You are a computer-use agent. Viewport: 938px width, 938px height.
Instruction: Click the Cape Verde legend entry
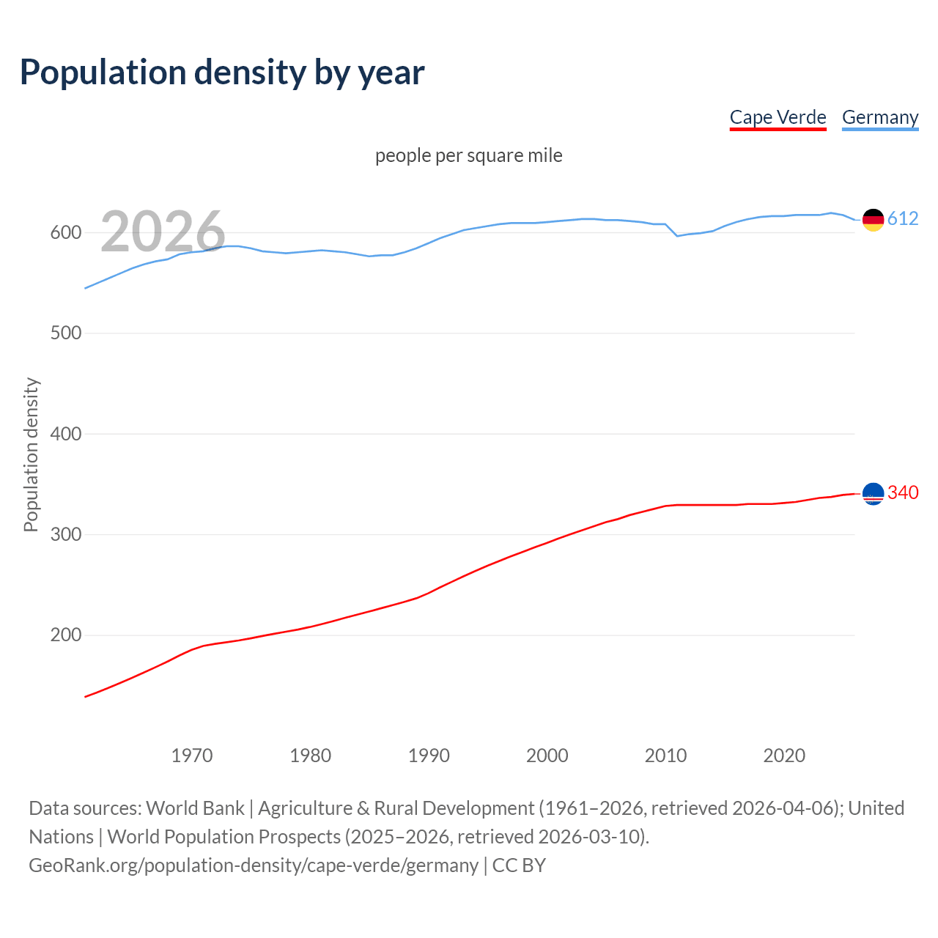coord(778,117)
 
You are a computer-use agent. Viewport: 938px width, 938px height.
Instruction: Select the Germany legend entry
coord(879,117)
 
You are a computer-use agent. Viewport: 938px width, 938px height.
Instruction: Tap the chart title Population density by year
coord(222,73)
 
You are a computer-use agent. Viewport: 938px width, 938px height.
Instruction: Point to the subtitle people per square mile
coord(469,155)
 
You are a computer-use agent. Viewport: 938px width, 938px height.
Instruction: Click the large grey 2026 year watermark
coord(163,232)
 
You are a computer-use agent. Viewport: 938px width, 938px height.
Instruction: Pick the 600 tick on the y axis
coord(65,233)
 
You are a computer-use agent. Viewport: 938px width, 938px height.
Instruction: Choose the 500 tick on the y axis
coord(65,333)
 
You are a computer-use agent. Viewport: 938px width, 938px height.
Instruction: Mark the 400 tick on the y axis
coord(65,434)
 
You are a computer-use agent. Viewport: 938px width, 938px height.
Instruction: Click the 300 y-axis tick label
coord(65,535)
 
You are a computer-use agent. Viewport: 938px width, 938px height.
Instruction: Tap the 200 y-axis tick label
coord(65,635)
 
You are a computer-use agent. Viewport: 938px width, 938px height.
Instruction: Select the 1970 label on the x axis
coord(192,756)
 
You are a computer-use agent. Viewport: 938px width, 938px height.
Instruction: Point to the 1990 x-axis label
coord(429,756)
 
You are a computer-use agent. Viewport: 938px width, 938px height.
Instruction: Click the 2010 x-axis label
coord(665,756)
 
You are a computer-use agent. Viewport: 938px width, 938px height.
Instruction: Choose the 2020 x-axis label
coord(784,756)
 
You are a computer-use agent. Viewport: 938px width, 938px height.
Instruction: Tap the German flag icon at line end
coord(873,219)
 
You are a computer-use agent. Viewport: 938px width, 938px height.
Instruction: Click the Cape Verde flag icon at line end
coord(873,494)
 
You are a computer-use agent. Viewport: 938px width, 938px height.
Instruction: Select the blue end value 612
coord(903,219)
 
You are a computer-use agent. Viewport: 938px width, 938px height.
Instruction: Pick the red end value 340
coord(903,493)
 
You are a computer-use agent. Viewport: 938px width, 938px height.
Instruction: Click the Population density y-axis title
coord(31,454)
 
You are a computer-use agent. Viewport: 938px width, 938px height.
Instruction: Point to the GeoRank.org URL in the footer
coord(254,865)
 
